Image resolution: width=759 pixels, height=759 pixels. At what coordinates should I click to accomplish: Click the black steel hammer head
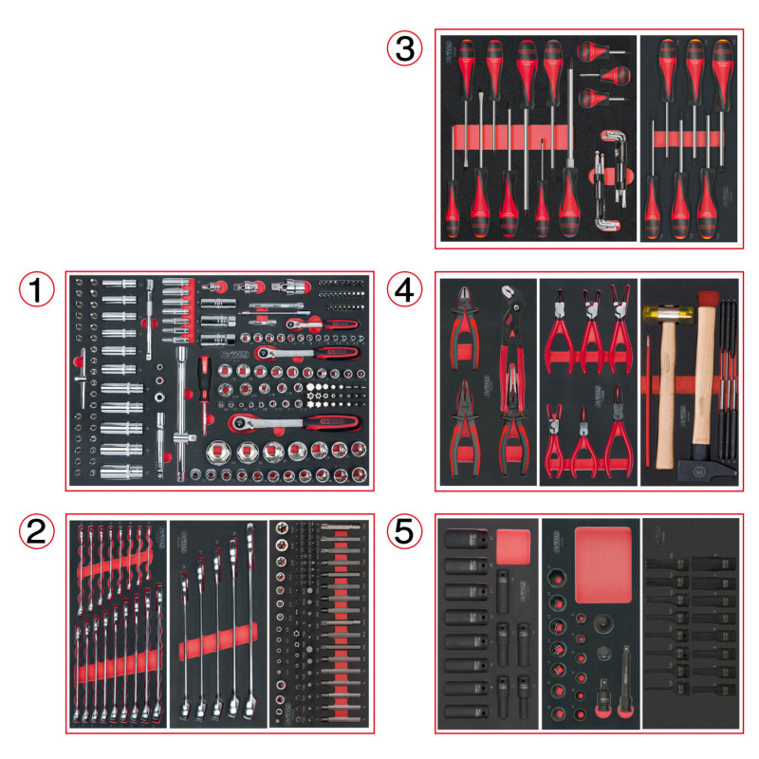point(707,467)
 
